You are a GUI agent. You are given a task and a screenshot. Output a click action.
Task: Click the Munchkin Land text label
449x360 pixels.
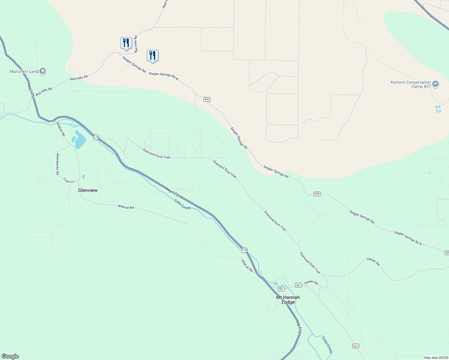click(24, 71)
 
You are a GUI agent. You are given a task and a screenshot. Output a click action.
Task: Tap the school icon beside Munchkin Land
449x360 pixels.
click(43, 71)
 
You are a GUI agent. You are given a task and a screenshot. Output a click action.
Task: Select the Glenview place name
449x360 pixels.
click(88, 190)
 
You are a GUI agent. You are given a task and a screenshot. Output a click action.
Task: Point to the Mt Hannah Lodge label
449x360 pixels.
click(288, 300)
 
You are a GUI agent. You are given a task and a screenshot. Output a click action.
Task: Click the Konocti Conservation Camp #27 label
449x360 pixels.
click(411, 84)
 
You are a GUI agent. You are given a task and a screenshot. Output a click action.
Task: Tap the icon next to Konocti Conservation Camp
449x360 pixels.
click(436, 84)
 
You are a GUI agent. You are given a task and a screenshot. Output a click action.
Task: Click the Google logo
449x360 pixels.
click(10, 356)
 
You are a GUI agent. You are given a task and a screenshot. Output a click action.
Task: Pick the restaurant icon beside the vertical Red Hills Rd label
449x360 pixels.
click(126, 43)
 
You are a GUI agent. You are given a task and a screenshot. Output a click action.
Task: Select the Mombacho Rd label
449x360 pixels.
click(57, 164)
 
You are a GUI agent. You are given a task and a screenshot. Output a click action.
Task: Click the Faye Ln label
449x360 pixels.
click(69, 181)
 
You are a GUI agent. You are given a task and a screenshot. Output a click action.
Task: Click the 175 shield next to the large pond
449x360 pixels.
click(96, 137)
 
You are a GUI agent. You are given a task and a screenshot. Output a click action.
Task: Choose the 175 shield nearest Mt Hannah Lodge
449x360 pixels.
click(244, 250)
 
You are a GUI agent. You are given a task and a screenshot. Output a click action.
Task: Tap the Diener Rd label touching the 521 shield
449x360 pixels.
click(311, 283)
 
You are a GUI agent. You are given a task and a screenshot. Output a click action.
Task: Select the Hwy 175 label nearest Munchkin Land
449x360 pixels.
click(31, 89)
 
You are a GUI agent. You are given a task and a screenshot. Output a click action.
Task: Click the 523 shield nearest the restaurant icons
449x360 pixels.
click(207, 99)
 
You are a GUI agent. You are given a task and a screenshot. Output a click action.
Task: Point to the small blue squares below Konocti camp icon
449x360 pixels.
click(438, 109)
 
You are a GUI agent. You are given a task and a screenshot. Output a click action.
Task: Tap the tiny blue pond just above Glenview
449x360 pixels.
click(83, 177)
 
